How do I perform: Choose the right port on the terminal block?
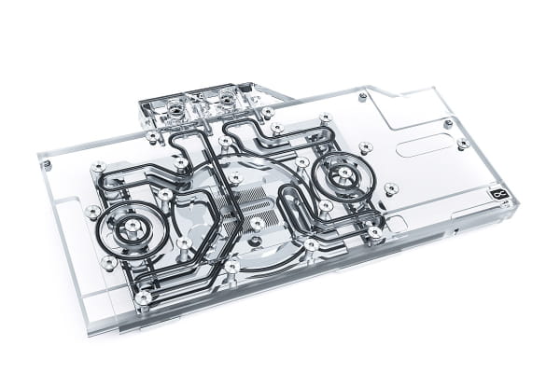click(227, 99)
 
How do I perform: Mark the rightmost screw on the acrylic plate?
click(463, 144)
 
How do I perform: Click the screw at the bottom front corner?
click(143, 298)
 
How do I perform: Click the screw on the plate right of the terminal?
click(361, 95)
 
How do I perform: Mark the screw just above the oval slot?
click(447, 123)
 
